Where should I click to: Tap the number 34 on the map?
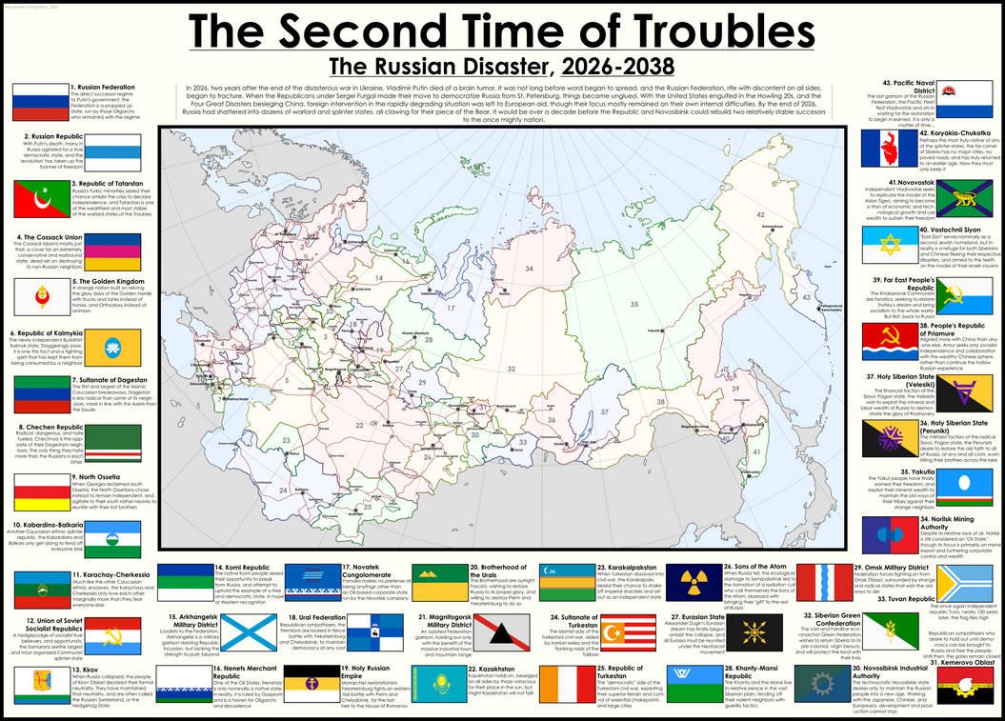(x=529, y=269)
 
